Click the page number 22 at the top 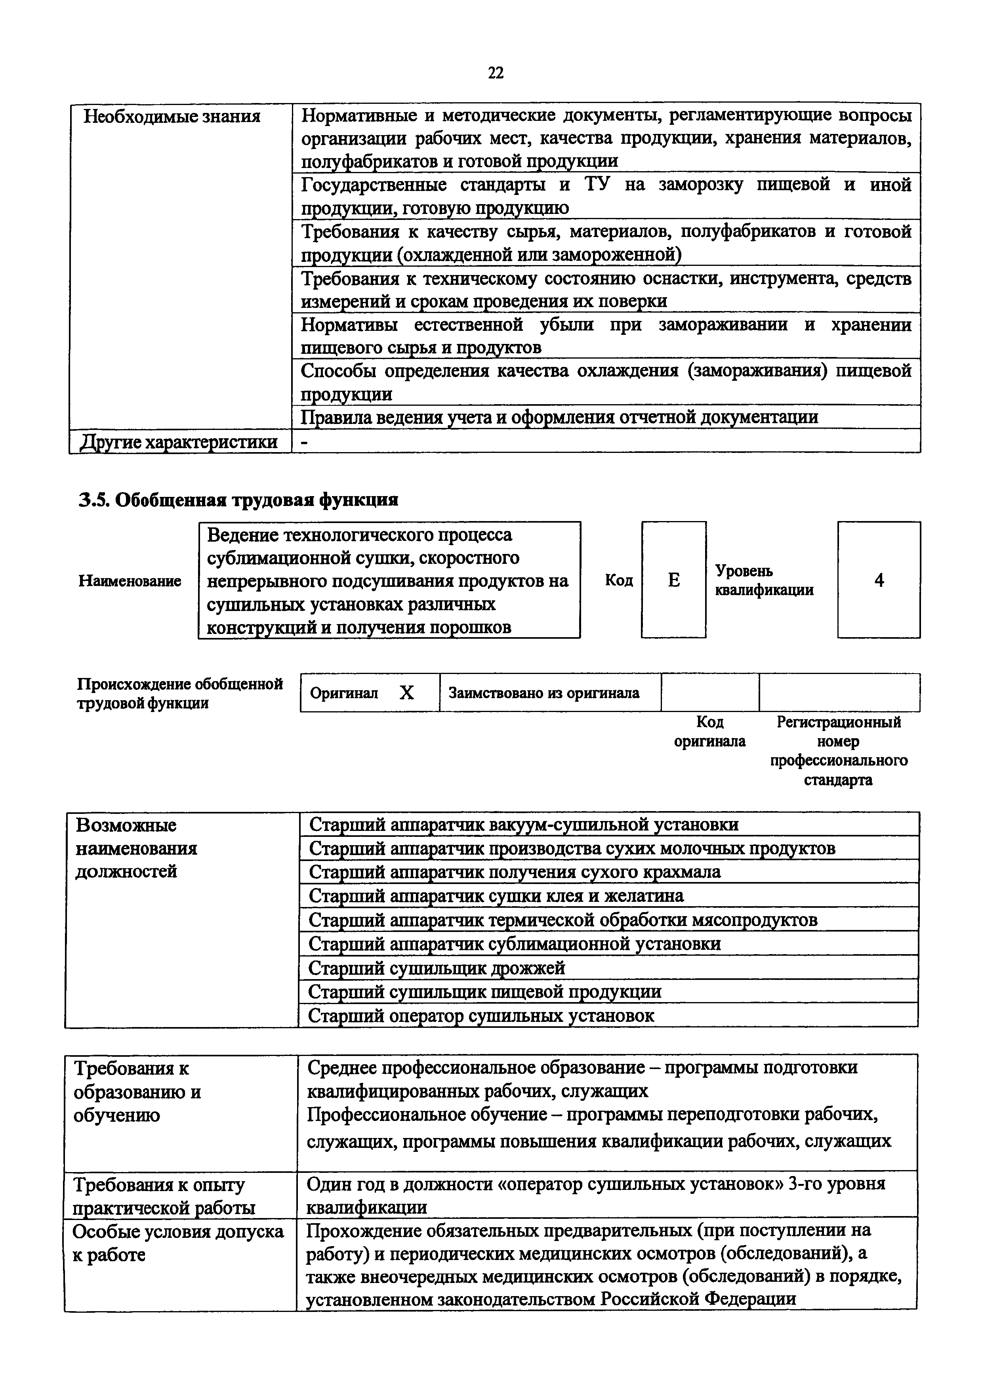pos(495,73)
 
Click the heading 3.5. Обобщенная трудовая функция pos(238,500)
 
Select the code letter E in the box pos(673,580)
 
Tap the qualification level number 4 pos(879,580)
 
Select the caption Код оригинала pos(710,731)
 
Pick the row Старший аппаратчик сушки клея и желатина pos(496,895)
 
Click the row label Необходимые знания pos(171,116)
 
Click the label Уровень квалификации pos(764,580)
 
